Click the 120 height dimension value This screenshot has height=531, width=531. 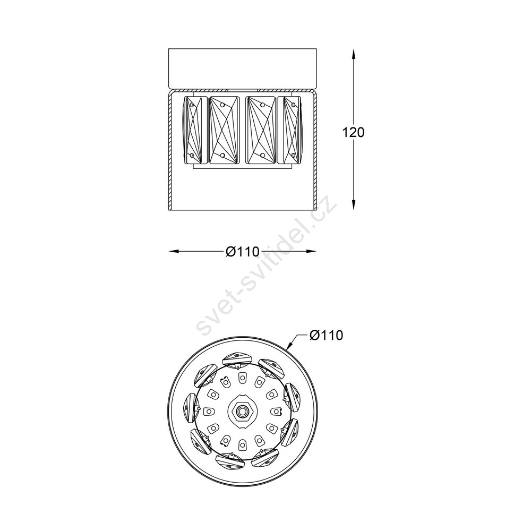[x=354, y=132]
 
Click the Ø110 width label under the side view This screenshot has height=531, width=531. [x=243, y=251]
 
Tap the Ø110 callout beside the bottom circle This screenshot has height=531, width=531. [x=327, y=335]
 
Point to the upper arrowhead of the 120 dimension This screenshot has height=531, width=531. [x=354, y=54]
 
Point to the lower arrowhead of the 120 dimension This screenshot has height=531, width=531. [x=354, y=204]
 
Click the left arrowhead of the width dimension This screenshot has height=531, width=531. [x=174, y=251]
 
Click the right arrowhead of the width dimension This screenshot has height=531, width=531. [x=311, y=251]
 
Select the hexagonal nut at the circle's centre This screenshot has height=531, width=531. [x=242, y=411]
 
